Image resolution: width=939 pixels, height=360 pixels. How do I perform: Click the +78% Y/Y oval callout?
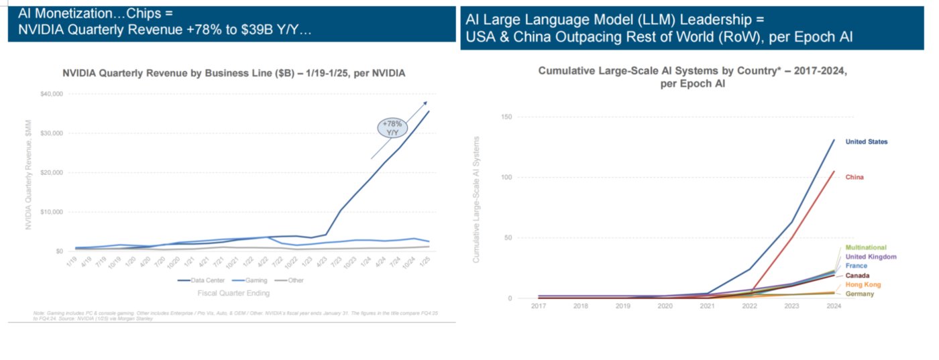pyautogui.click(x=392, y=127)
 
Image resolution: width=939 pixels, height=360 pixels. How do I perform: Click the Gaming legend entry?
pyautogui.click(x=253, y=280)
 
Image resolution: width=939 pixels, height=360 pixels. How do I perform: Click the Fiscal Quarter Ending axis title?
pyautogui.click(x=233, y=293)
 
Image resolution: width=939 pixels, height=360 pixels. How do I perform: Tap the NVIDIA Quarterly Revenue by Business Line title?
pyautogui.click(x=233, y=72)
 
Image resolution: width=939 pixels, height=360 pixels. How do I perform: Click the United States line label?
pyautogui.click(x=866, y=142)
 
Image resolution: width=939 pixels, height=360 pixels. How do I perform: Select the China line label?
pyautogui.click(x=854, y=178)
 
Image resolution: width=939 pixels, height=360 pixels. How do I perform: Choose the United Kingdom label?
pyautogui.click(x=871, y=257)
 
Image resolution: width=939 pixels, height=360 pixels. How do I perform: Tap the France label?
pyautogui.click(x=856, y=266)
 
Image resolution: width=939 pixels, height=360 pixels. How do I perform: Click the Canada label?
pyautogui.click(x=858, y=276)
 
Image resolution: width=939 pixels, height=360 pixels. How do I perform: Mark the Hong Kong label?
pyautogui.click(x=863, y=285)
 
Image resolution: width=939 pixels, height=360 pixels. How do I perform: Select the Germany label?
pyautogui.click(x=859, y=294)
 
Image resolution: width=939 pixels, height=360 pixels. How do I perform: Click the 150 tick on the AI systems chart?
pyautogui.click(x=507, y=117)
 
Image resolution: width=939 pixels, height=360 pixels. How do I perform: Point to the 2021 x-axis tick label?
pyautogui.click(x=707, y=306)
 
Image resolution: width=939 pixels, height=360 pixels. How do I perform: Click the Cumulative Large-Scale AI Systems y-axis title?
pyautogui.click(x=478, y=199)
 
